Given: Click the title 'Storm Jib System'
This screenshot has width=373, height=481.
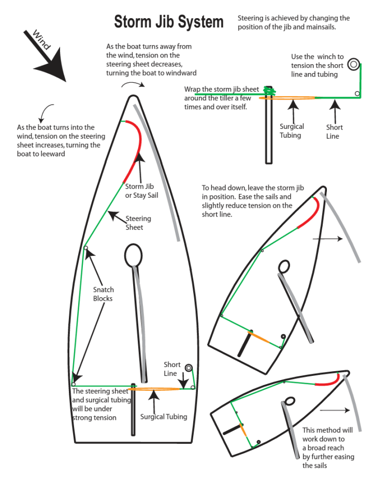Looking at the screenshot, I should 169,22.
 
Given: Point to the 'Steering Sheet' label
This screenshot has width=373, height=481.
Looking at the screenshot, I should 138,223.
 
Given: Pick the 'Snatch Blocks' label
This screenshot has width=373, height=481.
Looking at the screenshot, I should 103,294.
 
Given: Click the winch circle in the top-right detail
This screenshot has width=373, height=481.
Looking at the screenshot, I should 353,64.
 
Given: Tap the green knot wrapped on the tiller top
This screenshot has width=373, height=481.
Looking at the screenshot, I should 268,92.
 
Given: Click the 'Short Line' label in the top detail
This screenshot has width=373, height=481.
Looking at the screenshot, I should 334,132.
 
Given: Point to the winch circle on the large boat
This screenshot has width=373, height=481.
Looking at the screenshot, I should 188,368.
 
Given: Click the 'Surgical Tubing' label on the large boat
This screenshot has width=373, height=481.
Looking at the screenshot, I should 164,416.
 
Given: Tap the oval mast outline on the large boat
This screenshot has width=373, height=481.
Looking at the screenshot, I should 134,256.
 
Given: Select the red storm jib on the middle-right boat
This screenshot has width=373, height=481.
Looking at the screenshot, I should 312,212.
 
